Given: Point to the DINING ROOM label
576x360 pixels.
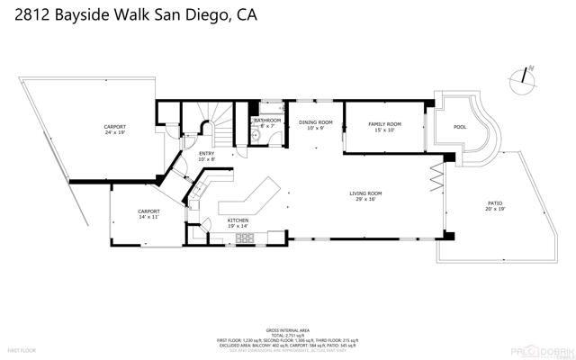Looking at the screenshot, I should (x=315, y=124).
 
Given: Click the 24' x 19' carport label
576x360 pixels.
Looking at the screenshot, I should (x=114, y=129).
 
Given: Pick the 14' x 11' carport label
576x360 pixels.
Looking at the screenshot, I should (x=148, y=213).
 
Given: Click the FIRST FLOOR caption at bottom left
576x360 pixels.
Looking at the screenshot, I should (x=21, y=348).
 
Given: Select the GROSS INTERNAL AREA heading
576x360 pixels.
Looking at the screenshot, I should (x=287, y=330).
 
